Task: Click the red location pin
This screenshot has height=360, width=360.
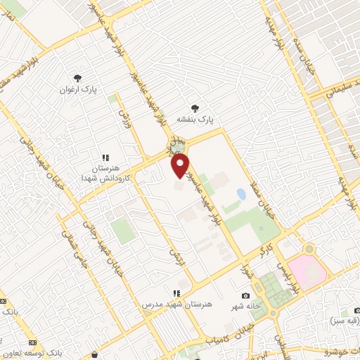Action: tap(180, 165)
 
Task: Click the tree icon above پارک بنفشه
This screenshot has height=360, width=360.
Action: tap(195, 108)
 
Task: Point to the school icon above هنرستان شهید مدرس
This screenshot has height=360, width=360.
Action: tap(176, 292)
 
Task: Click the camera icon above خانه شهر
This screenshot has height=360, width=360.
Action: tap(245, 295)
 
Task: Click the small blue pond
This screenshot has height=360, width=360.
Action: tap(241, 193)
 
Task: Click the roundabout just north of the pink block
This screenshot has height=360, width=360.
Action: tap(308, 249)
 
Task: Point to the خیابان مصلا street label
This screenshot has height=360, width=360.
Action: tap(269, 205)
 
